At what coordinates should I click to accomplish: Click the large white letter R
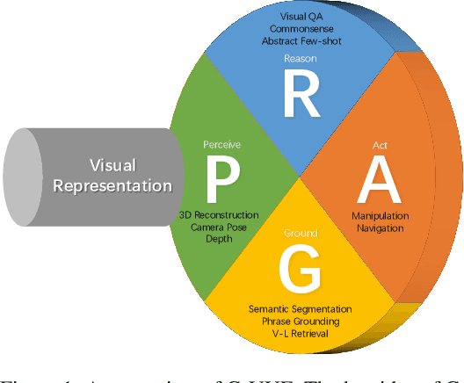coord(301,96)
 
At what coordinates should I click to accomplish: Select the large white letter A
coord(377,179)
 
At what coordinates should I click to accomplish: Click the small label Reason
coord(300,58)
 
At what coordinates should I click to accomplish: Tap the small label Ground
coord(301,234)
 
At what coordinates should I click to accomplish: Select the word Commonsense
coord(300,28)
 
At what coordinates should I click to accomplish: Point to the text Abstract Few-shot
coord(300,40)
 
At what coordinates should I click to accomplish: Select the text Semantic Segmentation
coord(300,309)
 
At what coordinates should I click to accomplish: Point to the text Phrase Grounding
coord(300,322)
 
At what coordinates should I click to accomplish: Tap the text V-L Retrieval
coord(300,336)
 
